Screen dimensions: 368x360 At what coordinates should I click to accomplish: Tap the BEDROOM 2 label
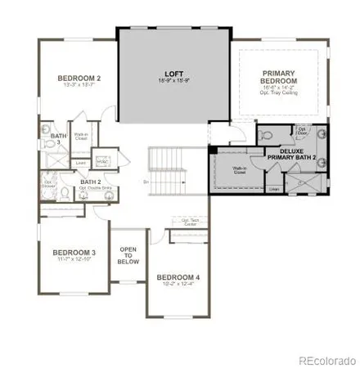tap(78, 79)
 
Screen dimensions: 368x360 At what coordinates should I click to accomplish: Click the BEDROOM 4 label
tap(178, 276)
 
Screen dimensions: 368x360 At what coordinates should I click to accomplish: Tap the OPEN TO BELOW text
tap(128, 254)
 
